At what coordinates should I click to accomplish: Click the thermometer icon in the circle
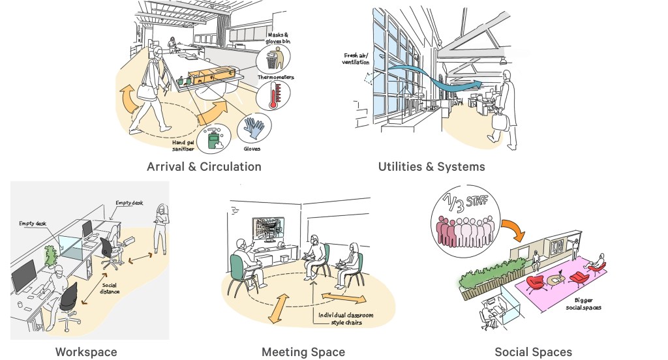click(273, 96)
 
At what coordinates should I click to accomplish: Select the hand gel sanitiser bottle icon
click(213, 138)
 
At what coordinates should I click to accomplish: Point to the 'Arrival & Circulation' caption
click(204, 166)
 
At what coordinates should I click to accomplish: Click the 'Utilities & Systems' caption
click(431, 166)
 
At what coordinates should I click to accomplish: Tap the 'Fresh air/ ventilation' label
click(356, 59)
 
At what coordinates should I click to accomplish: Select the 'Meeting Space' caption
click(303, 352)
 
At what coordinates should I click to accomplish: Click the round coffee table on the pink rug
click(556, 280)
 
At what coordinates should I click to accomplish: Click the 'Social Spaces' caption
click(533, 352)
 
